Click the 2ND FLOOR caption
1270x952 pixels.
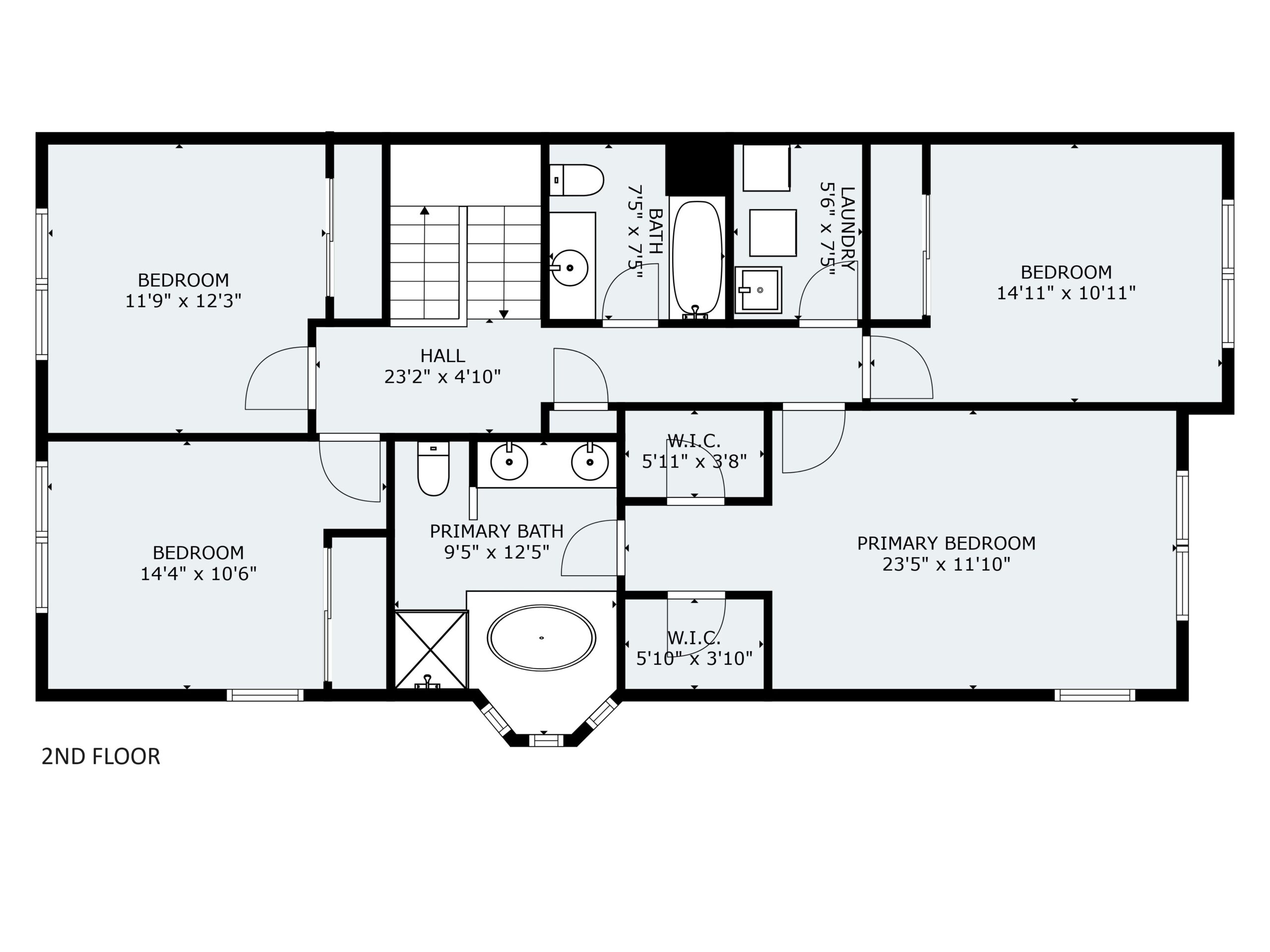101,756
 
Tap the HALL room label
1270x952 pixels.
443,356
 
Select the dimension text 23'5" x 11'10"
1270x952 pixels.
946,564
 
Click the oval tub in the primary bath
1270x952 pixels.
541,638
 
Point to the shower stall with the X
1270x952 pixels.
431,650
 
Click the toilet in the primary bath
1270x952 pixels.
434,468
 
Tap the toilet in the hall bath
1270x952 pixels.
576,180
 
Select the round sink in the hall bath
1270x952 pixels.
569,267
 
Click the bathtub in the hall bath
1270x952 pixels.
697,259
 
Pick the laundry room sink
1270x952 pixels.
759,290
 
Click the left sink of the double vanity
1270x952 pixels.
508,461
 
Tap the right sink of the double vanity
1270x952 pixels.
590,461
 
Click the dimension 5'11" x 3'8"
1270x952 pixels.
694,461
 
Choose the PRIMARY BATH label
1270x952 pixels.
497,531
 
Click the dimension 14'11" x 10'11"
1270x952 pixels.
1066,293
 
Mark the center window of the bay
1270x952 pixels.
545,740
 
